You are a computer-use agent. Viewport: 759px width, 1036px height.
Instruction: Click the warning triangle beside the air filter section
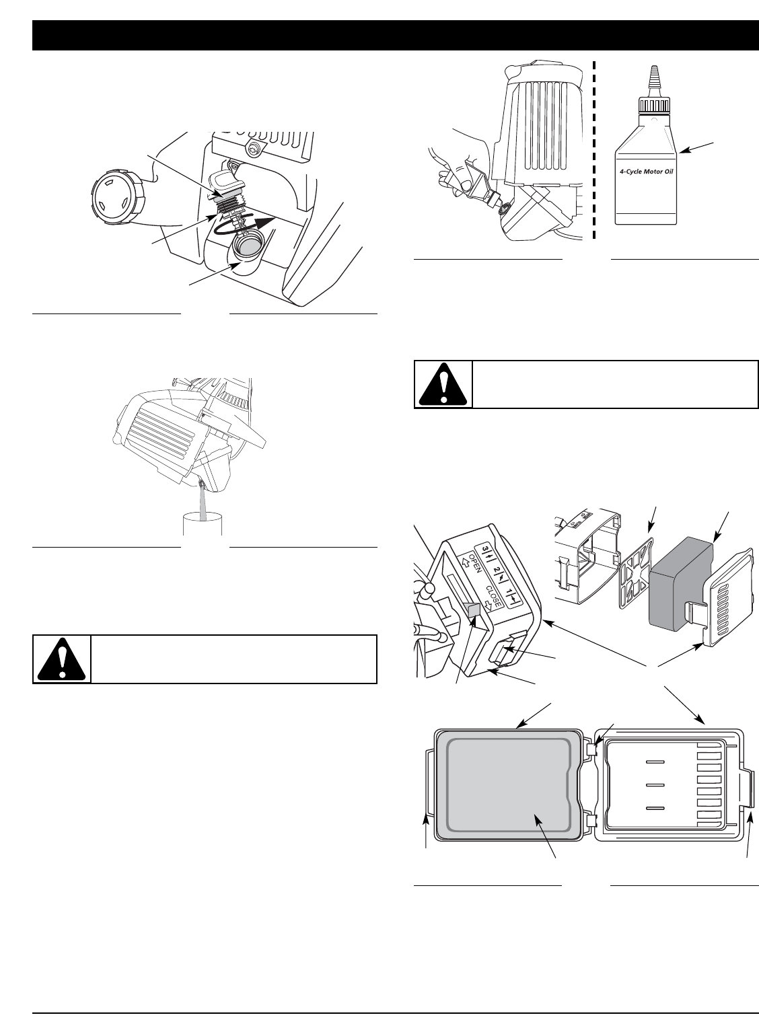(x=443, y=384)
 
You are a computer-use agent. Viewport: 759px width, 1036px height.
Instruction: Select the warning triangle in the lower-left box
(x=62, y=659)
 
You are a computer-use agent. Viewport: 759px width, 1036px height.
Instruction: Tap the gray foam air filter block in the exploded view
(x=676, y=582)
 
